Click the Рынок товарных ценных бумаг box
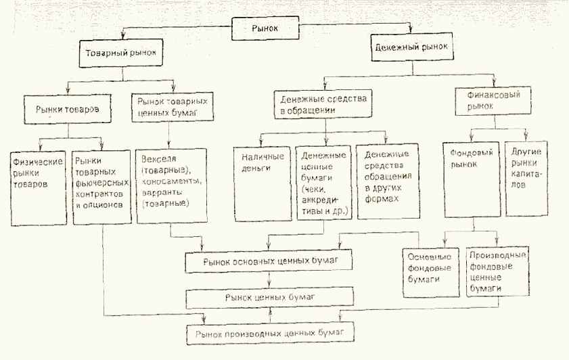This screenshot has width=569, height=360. click(168, 107)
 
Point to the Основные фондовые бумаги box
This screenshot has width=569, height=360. click(428, 271)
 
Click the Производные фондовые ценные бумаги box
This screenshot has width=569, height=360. click(497, 271)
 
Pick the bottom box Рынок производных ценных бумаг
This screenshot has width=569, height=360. click(270, 334)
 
